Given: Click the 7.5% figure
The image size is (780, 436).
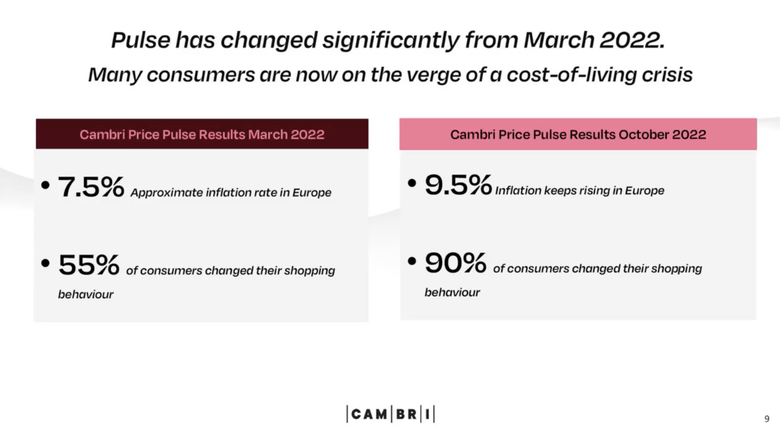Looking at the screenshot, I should tap(91, 187).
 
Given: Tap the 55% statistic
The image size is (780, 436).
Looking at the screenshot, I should tap(89, 265).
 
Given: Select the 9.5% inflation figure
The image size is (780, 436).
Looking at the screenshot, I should tap(458, 185).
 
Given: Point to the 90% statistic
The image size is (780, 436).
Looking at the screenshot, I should tap(455, 263).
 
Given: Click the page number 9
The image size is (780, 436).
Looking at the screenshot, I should tap(767, 419).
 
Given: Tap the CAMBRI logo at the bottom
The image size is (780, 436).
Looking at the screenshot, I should tap(390, 414).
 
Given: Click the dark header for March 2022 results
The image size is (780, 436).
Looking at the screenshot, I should tap(202, 134).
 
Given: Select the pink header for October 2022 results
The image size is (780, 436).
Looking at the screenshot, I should tap(578, 134).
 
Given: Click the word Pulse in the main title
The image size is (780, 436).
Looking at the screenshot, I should tap(140, 41).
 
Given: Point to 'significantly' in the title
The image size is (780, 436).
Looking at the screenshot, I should tap(391, 41).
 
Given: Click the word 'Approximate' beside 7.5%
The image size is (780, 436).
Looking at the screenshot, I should tap(167, 193).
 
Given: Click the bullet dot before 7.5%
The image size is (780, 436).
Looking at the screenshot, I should tap(45, 185).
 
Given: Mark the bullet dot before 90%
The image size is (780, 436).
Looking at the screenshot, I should tap(412, 261).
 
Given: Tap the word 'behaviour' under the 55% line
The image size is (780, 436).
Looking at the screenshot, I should tap(85, 295).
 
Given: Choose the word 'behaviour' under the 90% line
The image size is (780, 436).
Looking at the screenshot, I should tap(452, 293).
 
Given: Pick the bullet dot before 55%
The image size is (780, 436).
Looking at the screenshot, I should tap(45, 263).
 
